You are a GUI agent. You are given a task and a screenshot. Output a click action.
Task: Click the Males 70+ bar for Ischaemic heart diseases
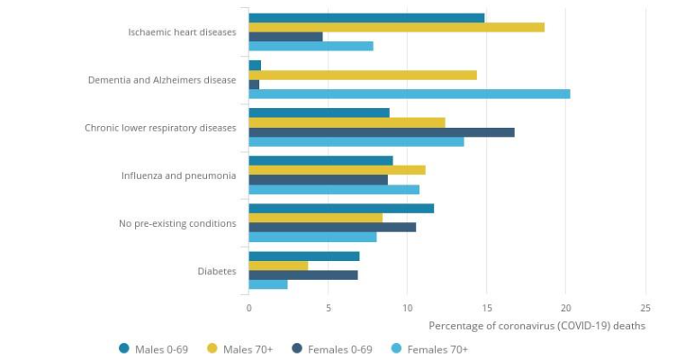[x=396, y=27]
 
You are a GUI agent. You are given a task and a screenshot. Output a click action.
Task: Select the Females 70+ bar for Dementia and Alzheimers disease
[x=409, y=94]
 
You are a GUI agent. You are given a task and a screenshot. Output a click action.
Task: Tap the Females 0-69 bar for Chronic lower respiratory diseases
[x=382, y=132]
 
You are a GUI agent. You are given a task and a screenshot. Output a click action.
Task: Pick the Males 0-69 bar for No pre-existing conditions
[x=341, y=208]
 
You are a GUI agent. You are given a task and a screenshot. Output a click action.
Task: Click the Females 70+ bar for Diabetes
[x=268, y=284]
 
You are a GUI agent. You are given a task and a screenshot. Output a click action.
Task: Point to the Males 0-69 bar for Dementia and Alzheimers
[x=255, y=65]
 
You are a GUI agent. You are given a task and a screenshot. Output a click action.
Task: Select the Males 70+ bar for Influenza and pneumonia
[x=337, y=169]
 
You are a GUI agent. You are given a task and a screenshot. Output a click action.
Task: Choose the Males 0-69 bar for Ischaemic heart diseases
[x=366, y=17]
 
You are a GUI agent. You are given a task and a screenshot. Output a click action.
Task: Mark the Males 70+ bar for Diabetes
[x=278, y=265]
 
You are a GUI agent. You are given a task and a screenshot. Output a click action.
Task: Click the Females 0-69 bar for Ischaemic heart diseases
[x=285, y=37]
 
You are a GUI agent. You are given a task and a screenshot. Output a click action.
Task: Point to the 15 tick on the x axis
[x=486, y=308]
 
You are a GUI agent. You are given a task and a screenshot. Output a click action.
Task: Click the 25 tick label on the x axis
[x=644, y=308]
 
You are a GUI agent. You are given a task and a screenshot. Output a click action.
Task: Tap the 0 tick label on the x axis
[x=249, y=308]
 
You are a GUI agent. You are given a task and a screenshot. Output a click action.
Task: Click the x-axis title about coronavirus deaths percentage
[x=536, y=326]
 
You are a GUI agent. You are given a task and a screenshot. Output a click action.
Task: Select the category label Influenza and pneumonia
[x=178, y=175]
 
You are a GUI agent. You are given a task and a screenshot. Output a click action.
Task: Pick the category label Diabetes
[x=216, y=271]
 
